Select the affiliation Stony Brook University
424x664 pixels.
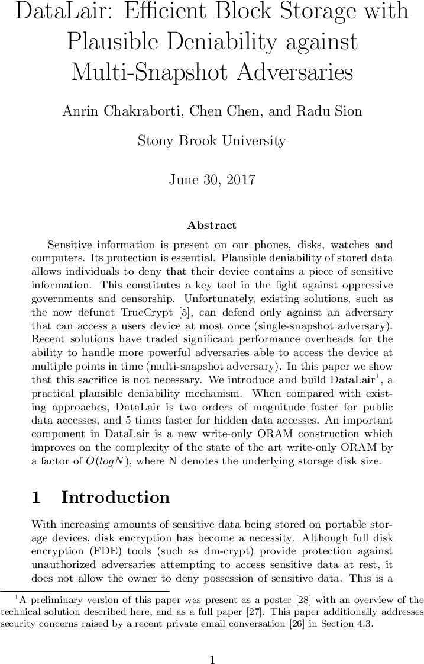(x=212, y=141)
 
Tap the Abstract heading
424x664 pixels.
(x=212, y=225)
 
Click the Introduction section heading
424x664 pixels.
(x=115, y=498)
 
